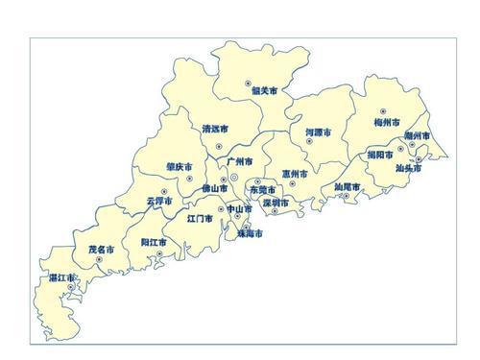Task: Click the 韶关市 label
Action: [263, 92]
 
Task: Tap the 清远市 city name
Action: [217, 128]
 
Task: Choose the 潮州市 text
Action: [417, 138]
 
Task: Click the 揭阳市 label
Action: [382, 154]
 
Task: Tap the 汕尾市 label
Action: [347, 186]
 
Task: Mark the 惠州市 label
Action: [295, 175]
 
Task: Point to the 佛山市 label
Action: [214, 189]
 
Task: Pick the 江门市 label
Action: [201, 218]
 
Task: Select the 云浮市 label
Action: [159, 202]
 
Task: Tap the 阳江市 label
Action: [154, 242]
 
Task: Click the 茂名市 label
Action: [102, 250]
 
